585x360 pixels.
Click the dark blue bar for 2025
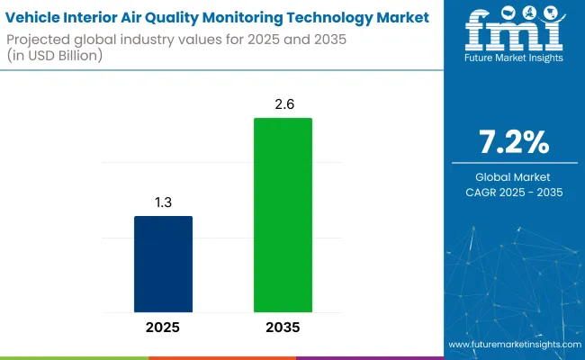click(163, 264)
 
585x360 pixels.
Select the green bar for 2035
click(283, 215)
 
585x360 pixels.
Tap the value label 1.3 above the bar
click(163, 202)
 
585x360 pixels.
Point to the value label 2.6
click(283, 104)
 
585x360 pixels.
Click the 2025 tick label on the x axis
click(163, 328)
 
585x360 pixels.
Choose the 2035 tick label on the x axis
click(283, 328)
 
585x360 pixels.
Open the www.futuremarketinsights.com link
click(514, 346)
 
